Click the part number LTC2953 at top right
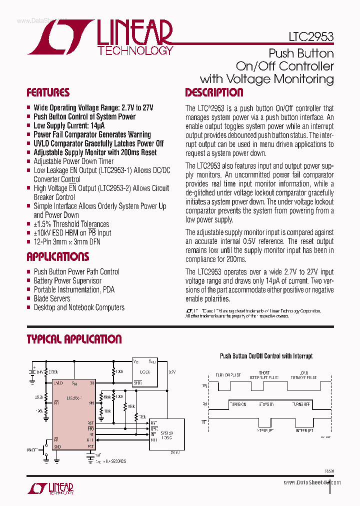(311, 36)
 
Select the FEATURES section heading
(48, 92)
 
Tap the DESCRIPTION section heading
(214, 92)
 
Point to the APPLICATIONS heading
(58, 257)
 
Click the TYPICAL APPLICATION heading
(74, 339)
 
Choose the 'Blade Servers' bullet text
(52, 298)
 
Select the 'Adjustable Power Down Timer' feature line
(73, 161)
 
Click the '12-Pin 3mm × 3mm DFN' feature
(70, 242)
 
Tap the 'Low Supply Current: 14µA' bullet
(69, 125)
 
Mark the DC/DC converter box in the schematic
(144, 371)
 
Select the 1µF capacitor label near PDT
(99, 455)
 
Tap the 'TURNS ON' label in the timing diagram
(237, 404)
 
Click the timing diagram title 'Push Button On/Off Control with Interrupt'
(266, 356)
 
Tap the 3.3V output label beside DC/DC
(172, 372)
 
